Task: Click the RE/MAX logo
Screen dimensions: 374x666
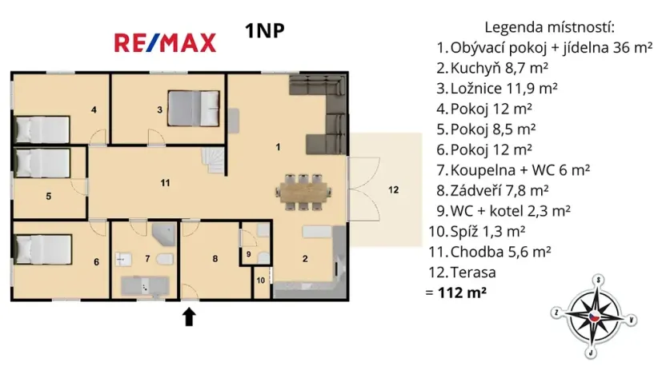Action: (x=165, y=42)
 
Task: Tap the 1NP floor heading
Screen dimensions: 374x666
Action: (x=265, y=31)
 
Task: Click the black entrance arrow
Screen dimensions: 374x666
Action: (x=189, y=316)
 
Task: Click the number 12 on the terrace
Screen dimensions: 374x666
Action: (x=393, y=190)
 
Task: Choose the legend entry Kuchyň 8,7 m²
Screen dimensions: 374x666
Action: (x=496, y=68)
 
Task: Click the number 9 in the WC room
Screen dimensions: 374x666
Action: (x=249, y=255)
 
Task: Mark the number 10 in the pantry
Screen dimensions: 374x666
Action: (x=261, y=280)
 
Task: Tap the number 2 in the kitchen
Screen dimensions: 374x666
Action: (x=305, y=257)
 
